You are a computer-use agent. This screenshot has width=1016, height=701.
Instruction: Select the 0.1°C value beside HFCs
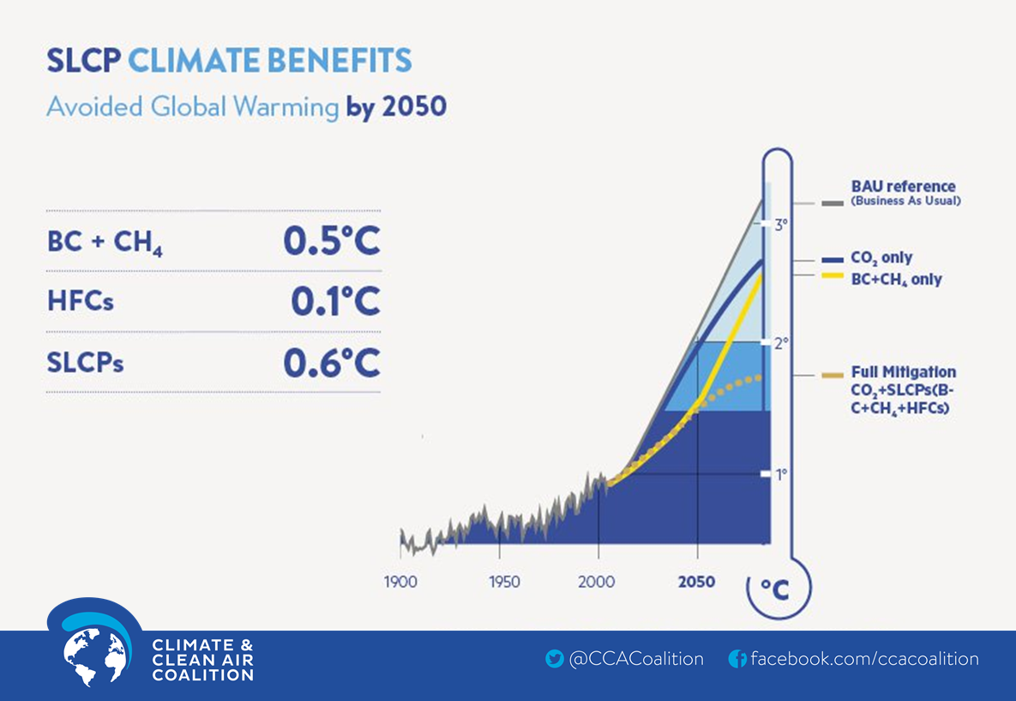pos(335,302)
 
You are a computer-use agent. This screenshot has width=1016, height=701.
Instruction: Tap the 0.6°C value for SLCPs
pos(332,363)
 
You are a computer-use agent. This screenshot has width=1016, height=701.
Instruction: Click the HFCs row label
pos(81,303)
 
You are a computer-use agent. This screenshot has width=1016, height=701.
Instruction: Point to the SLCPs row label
pos(86,363)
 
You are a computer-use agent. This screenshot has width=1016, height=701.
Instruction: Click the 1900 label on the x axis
pos(400,583)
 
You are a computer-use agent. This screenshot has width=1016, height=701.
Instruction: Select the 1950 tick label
pos(504,583)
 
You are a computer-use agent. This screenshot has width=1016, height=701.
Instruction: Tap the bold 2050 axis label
pos(696,583)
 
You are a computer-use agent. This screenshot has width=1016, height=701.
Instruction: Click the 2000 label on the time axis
pos(597,583)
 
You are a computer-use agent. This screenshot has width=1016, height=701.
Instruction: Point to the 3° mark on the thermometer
pos(781,226)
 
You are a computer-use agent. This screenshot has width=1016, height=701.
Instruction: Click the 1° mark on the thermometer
pos(781,474)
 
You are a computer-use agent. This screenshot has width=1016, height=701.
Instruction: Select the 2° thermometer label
pos(781,343)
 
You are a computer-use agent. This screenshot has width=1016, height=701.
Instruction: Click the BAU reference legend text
pos(903,187)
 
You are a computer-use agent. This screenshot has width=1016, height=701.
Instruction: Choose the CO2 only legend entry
pos(881,258)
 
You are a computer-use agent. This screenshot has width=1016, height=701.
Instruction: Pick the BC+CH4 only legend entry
pos(896,280)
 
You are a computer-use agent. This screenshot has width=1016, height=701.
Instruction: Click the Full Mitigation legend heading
pos(903,372)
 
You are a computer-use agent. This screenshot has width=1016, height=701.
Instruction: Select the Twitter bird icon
pos(555,660)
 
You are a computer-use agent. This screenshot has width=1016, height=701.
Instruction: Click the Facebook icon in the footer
pos(737,660)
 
